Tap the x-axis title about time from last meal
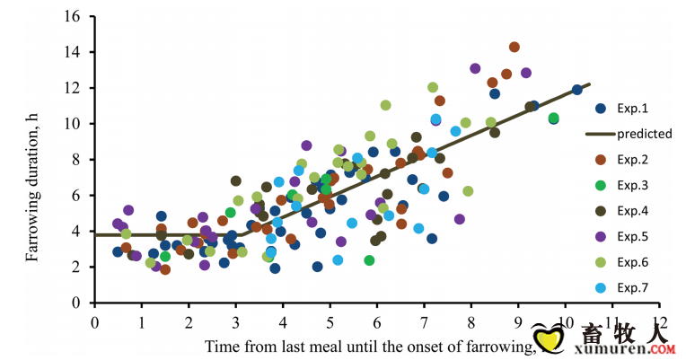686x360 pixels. [x=368, y=346]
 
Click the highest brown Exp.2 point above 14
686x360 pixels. [x=514, y=47]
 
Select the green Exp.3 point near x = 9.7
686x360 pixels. [x=554, y=118]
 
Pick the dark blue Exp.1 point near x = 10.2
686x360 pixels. [x=576, y=90]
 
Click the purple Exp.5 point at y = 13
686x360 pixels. [x=475, y=68]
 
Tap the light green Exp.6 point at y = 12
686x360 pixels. [x=433, y=87]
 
